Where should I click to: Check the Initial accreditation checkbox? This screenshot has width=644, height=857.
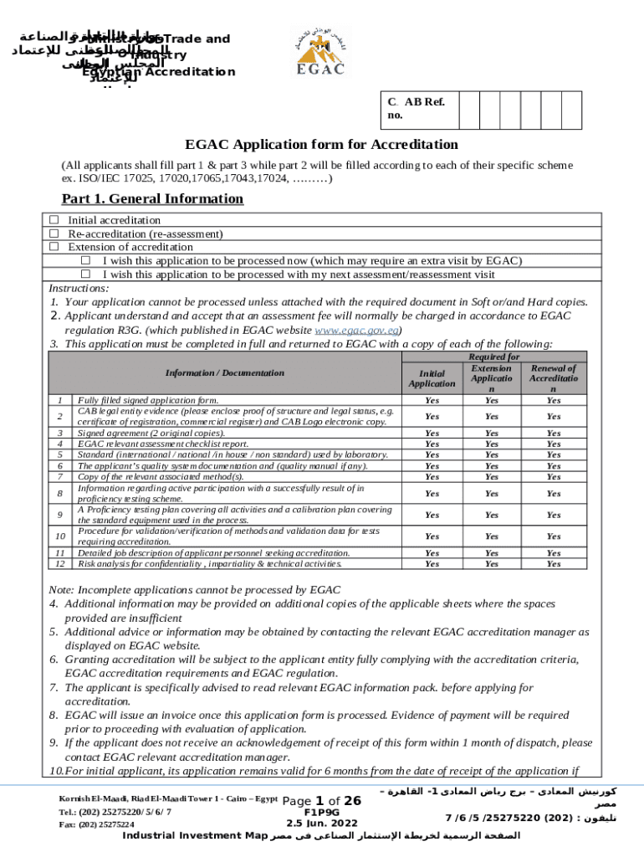click(x=54, y=220)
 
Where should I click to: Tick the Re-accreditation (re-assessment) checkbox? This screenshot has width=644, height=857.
click(x=54, y=233)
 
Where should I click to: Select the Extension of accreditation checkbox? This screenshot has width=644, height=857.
click(x=54, y=247)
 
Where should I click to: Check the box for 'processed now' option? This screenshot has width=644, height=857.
click(x=85, y=260)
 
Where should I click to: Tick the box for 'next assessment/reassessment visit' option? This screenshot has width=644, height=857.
click(x=85, y=274)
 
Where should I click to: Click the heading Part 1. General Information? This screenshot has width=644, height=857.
click(x=152, y=199)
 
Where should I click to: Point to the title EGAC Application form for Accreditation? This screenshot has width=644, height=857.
click(x=321, y=144)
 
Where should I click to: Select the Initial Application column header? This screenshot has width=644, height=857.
click(x=432, y=377)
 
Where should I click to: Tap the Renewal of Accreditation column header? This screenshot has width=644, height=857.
click(x=553, y=378)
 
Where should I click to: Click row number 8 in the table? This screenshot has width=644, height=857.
click(x=59, y=494)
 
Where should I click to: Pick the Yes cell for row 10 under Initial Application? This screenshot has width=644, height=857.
click(x=432, y=536)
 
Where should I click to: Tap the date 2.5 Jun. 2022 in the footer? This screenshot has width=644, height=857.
click(x=321, y=824)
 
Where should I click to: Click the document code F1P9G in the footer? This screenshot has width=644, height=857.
click(x=321, y=812)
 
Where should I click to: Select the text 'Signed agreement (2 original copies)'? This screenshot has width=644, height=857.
click(x=151, y=433)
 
